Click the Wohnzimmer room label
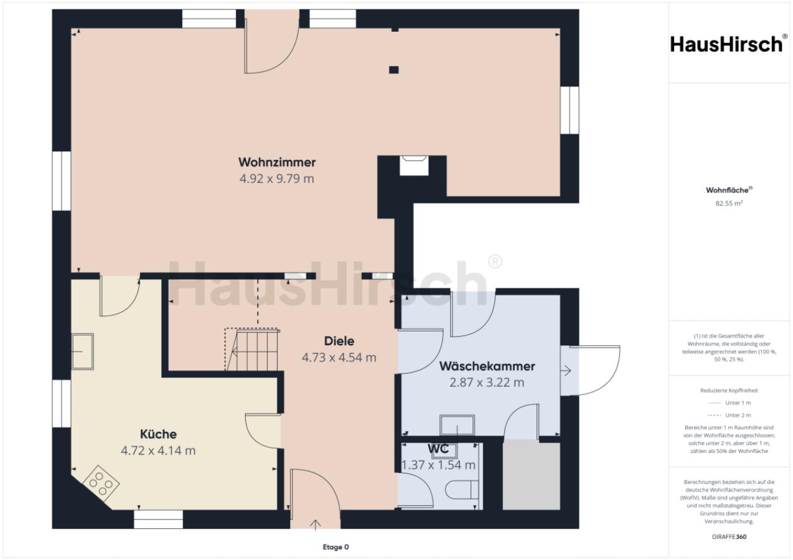277,162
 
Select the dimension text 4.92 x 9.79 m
277,179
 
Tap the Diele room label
339,341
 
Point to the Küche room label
158,434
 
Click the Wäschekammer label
487,366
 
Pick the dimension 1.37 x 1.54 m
438,465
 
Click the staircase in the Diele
253,350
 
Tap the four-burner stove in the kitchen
101,483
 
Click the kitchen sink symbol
83,352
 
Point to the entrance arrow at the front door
316,525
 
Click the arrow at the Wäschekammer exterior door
566,371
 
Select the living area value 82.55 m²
729,203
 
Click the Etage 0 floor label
335,547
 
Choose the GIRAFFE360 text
729,536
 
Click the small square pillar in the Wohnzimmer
393,70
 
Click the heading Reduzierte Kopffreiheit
729,390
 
